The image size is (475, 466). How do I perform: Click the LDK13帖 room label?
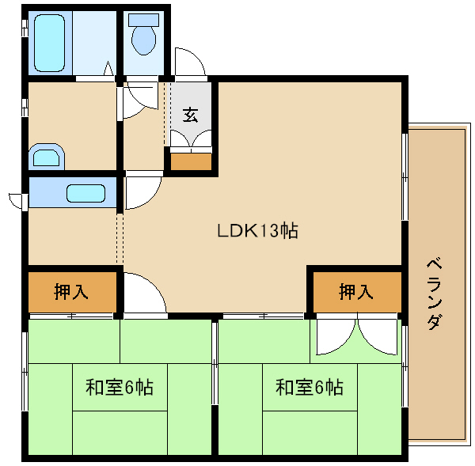point(258,231)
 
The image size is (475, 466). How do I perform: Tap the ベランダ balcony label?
point(435,293)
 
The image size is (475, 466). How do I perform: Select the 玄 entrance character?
point(191,115)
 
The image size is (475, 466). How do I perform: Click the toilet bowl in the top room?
point(144,40)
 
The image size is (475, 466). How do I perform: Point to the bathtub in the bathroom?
point(49,43)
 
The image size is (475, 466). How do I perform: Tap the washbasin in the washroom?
point(47,157)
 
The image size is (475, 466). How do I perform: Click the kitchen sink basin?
point(85,193)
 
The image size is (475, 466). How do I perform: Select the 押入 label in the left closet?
point(71,292)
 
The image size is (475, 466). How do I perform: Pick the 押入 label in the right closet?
point(356,292)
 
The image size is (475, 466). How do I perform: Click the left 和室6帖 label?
point(120,387)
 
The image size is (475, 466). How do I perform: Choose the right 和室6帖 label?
point(310,387)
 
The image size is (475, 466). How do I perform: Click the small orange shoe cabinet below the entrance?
point(191,161)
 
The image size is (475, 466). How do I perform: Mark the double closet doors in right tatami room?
point(356,335)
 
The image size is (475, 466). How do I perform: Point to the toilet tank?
point(143,20)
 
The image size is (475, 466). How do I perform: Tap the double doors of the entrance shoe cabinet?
point(191,139)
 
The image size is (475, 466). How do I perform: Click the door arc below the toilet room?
point(140,100)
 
